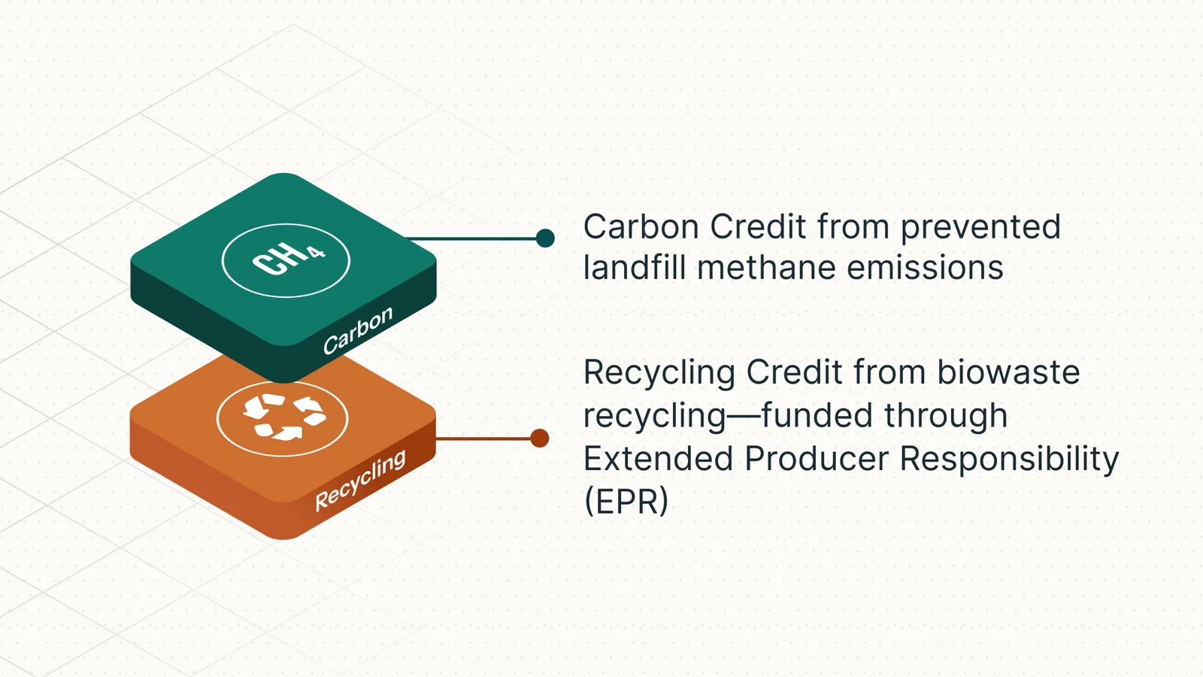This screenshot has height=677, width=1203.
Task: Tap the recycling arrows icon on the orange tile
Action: coord(283,417)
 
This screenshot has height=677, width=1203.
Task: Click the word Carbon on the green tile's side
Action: coord(358,330)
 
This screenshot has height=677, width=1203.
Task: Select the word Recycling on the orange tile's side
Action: coord(360,480)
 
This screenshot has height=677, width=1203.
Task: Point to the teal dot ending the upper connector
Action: coord(545,238)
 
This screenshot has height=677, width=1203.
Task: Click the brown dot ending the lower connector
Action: coord(539,439)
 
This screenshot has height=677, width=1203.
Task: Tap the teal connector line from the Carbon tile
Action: coord(474,238)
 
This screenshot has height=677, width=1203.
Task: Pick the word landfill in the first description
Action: coord(635,268)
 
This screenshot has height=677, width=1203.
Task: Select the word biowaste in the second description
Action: coord(1008,372)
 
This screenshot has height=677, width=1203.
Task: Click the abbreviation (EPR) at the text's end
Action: coord(626,502)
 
